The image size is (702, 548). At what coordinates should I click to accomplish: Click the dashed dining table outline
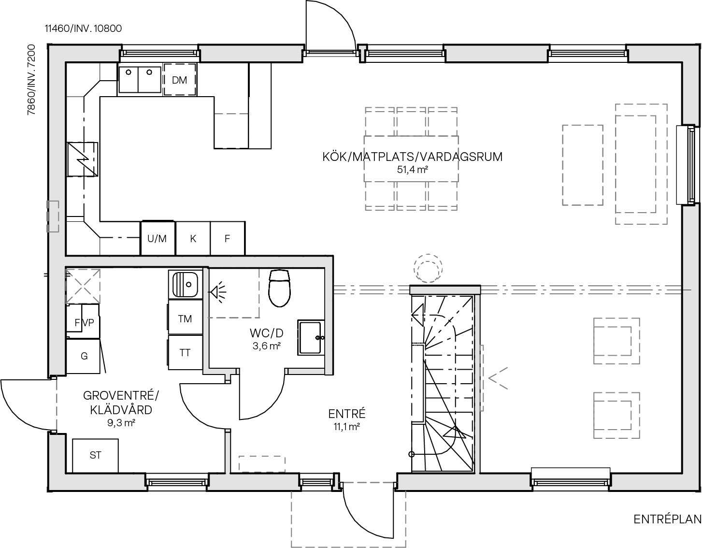[x=411, y=159]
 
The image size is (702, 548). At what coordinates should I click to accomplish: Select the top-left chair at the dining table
[x=380, y=121]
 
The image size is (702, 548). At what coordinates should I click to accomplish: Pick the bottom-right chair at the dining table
[x=442, y=196]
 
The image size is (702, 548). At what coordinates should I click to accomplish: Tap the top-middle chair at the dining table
[x=411, y=121]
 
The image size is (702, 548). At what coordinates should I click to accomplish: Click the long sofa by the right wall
[x=641, y=164]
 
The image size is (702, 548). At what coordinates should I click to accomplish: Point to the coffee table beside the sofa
[x=582, y=165]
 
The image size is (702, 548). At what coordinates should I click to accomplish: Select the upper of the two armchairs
[x=616, y=341]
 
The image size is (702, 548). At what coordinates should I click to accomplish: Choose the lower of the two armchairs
[x=616, y=415]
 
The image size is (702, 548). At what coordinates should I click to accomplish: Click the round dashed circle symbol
[x=428, y=268]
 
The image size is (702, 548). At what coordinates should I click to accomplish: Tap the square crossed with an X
[x=83, y=286]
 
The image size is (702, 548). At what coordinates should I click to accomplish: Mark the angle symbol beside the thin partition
[x=498, y=378]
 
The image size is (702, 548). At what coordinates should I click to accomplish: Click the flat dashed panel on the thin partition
[x=482, y=378]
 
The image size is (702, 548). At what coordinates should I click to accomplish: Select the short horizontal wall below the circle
[x=444, y=290]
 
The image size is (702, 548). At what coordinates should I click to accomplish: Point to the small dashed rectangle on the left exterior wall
[x=53, y=216]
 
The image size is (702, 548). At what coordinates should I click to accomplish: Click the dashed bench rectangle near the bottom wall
[x=261, y=464]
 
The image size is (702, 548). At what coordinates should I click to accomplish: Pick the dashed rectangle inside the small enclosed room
[x=234, y=293]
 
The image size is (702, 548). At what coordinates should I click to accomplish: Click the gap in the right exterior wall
[x=691, y=164]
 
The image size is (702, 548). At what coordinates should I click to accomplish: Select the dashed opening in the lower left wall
[x=57, y=404]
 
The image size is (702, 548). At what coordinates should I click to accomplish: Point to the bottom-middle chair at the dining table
[x=411, y=196]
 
